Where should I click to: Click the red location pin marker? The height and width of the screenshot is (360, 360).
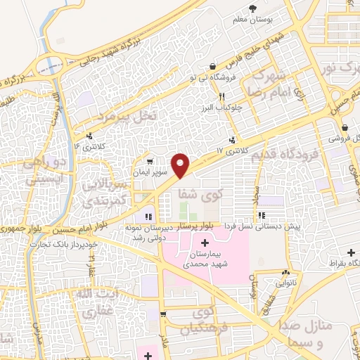coord(181,165)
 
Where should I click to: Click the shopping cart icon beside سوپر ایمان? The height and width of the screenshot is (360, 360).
coord(148,161)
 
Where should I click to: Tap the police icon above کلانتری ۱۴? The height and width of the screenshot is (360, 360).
coord(89,136)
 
